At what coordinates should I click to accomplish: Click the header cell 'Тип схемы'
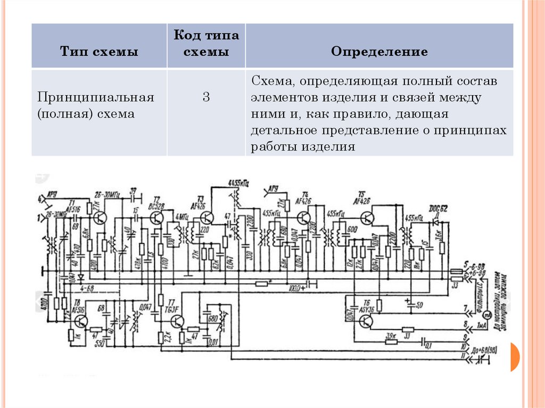click(99, 52)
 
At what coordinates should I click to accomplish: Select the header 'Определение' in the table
click(379, 52)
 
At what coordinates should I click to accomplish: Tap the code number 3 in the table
click(206, 97)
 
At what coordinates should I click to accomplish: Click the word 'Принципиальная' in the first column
click(95, 98)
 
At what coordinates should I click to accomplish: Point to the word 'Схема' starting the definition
click(272, 82)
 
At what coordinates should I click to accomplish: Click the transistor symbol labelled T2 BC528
click(156, 218)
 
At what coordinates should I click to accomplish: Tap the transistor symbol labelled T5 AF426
click(367, 217)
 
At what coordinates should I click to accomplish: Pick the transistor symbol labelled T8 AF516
click(81, 321)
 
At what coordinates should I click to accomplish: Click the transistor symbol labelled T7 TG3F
click(177, 321)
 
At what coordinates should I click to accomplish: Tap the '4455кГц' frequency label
click(239, 183)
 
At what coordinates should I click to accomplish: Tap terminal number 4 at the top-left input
click(39, 199)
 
